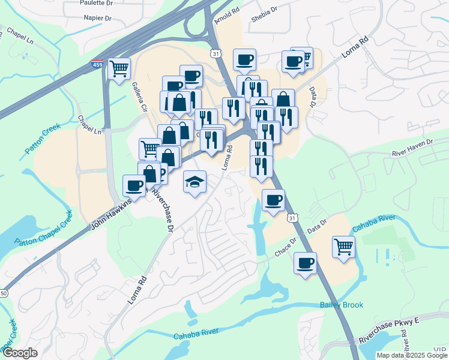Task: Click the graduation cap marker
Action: pos(194,181)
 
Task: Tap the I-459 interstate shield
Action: pos(96,64)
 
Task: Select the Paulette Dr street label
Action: pos(96,2)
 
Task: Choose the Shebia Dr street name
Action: pos(264,14)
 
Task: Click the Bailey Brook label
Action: pos(342,305)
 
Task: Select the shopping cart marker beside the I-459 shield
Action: pos(119,68)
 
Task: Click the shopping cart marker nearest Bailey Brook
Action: pos(343,246)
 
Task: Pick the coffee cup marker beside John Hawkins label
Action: pos(133,185)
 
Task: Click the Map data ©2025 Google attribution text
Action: pos(412,355)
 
